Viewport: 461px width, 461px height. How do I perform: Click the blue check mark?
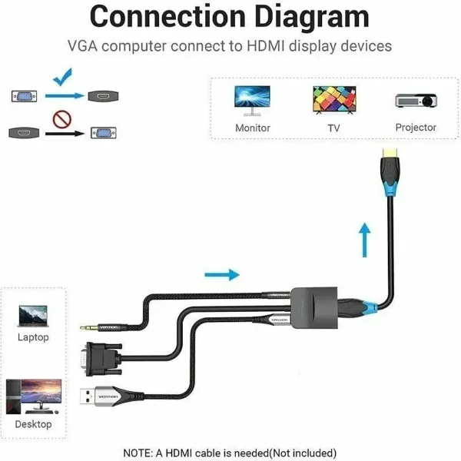(64, 78)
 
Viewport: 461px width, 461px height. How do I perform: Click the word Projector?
(416, 128)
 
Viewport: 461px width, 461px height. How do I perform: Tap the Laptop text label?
(33, 337)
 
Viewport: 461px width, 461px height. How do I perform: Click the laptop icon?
(32, 315)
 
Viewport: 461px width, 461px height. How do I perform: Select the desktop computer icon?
(33, 396)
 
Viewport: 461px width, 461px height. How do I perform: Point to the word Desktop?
(33, 424)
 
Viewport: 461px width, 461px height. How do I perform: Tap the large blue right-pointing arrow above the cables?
(223, 274)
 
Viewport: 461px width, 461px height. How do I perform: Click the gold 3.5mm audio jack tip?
(87, 327)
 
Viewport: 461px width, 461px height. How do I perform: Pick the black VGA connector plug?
(104, 357)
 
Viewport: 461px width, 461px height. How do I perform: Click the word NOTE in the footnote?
(140, 452)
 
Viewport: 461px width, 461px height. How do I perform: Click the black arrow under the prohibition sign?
(63, 134)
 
